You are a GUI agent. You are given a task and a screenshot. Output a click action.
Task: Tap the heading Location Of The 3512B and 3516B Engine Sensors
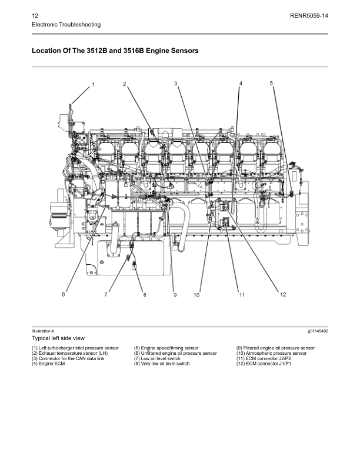pyautogui.click(x=115, y=51)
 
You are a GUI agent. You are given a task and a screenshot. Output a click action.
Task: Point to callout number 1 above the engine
pyautogui.click(x=93, y=85)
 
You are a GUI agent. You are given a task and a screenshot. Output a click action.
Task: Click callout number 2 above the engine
pyautogui.click(x=125, y=84)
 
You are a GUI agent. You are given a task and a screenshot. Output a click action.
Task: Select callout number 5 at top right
pyautogui.click(x=271, y=84)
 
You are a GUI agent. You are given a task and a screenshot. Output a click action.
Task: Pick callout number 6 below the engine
pyautogui.click(x=64, y=294)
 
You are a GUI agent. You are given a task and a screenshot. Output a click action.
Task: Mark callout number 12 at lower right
pyautogui.click(x=282, y=294)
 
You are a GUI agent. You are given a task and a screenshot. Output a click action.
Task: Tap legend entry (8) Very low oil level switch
pyautogui.click(x=162, y=364)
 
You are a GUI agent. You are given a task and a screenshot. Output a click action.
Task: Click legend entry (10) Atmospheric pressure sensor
pyautogui.click(x=271, y=354)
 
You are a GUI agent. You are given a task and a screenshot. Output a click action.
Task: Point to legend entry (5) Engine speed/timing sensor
pyautogui.click(x=166, y=348)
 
